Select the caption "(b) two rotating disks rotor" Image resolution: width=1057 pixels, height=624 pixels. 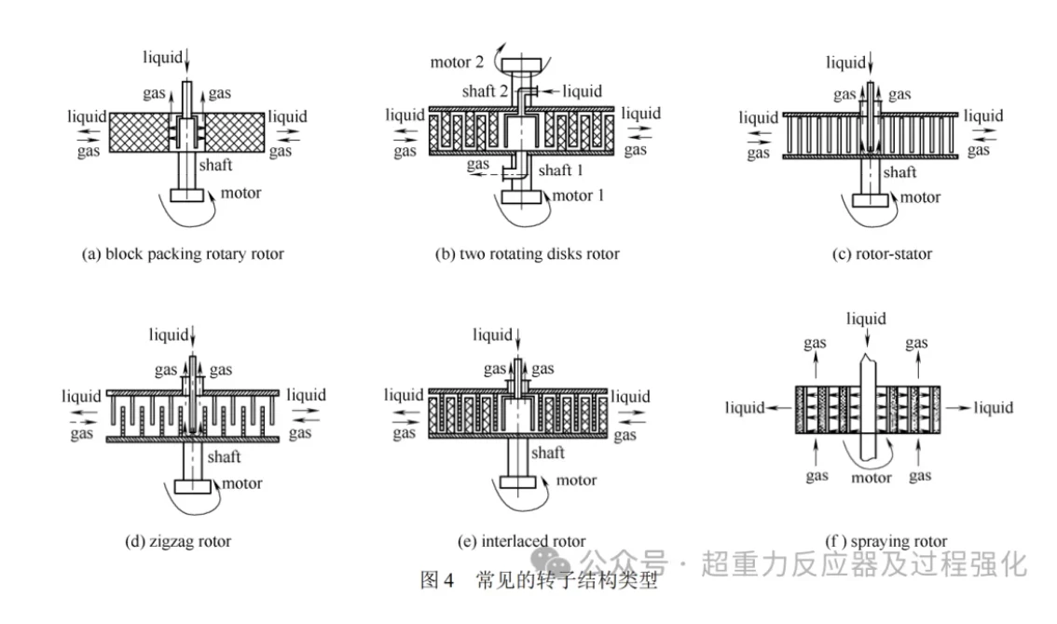pos(527,253)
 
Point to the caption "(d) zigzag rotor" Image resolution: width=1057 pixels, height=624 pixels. pos(177,540)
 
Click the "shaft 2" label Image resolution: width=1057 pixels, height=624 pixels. pos(486,91)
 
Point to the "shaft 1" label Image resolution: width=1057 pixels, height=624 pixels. pos(568,170)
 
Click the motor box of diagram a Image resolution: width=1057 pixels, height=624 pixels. pos(188,197)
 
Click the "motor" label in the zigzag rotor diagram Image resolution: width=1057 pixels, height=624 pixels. pos(241,483)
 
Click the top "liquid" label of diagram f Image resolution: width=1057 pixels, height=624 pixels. pos(866,319)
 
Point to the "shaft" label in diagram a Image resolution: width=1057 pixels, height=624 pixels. pos(214,165)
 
